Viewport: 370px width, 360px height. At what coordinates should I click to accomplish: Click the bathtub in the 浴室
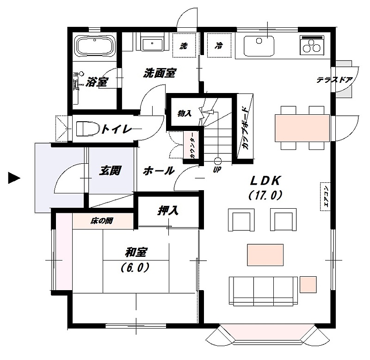[x=95, y=46]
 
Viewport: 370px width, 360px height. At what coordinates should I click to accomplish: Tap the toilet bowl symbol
[x=88, y=129]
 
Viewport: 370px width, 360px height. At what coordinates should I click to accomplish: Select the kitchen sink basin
[x=259, y=46]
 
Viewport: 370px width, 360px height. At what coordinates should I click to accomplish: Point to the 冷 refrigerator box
[x=219, y=45]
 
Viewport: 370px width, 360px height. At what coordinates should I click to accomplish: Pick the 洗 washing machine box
[x=184, y=45]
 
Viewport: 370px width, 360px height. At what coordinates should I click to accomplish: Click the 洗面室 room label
[x=160, y=73]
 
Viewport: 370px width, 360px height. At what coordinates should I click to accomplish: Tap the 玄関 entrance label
[x=110, y=170]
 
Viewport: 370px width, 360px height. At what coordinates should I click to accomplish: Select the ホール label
[x=159, y=170]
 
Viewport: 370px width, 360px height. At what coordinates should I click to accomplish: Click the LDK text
[x=265, y=181]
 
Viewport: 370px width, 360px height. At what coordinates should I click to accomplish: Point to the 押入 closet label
[x=168, y=211]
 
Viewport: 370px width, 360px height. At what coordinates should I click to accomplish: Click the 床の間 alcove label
[x=102, y=221]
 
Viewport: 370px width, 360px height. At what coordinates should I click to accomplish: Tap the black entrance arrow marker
[x=14, y=178]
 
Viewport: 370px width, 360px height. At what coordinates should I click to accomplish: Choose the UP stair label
[x=217, y=169]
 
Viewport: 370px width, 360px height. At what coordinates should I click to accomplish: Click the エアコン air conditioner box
[x=325, y=196]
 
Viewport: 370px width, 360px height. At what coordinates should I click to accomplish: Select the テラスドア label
[x=334, y=80]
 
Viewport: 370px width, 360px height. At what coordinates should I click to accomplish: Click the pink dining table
[x=302, y=128]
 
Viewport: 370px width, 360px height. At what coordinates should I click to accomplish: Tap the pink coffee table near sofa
[x=265, y=255]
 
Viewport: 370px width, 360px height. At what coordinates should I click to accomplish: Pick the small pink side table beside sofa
[x=308, y=285]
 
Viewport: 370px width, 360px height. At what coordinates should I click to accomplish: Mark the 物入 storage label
[x=184, y=113]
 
